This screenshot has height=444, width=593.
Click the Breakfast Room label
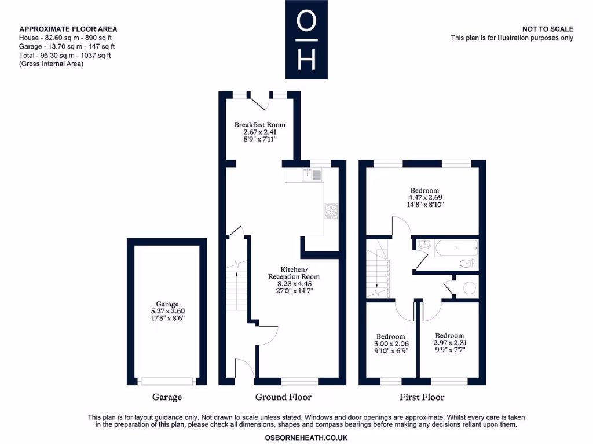click(259, 125)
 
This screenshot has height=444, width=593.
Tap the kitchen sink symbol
click(312, 175)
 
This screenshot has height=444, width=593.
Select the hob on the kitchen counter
click(331, 211)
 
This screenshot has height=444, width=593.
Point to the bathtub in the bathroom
click(456, 248)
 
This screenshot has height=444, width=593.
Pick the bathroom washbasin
click(424, 244)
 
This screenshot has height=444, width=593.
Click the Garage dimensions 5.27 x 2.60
click(167, 311)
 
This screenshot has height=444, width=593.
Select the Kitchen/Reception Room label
click(294, 273)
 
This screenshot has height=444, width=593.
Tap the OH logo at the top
click(306, 39)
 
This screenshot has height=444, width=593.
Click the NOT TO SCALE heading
click(548, 29)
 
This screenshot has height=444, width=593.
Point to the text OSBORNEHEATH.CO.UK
click(306, 438)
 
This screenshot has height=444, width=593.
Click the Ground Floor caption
click(283, 397)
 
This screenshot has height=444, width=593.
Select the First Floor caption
click(422, 397)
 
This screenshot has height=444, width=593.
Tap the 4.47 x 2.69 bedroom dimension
click(425, 198)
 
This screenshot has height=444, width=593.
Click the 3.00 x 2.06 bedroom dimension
click(391, 343)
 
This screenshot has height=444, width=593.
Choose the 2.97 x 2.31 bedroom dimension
click(450, 343)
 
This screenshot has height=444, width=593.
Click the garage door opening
click(167, 382)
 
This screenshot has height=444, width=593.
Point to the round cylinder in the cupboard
click(469, 288)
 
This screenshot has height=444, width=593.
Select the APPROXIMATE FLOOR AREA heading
click(68, 29)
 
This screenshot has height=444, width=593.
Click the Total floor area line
click(65, 55)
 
